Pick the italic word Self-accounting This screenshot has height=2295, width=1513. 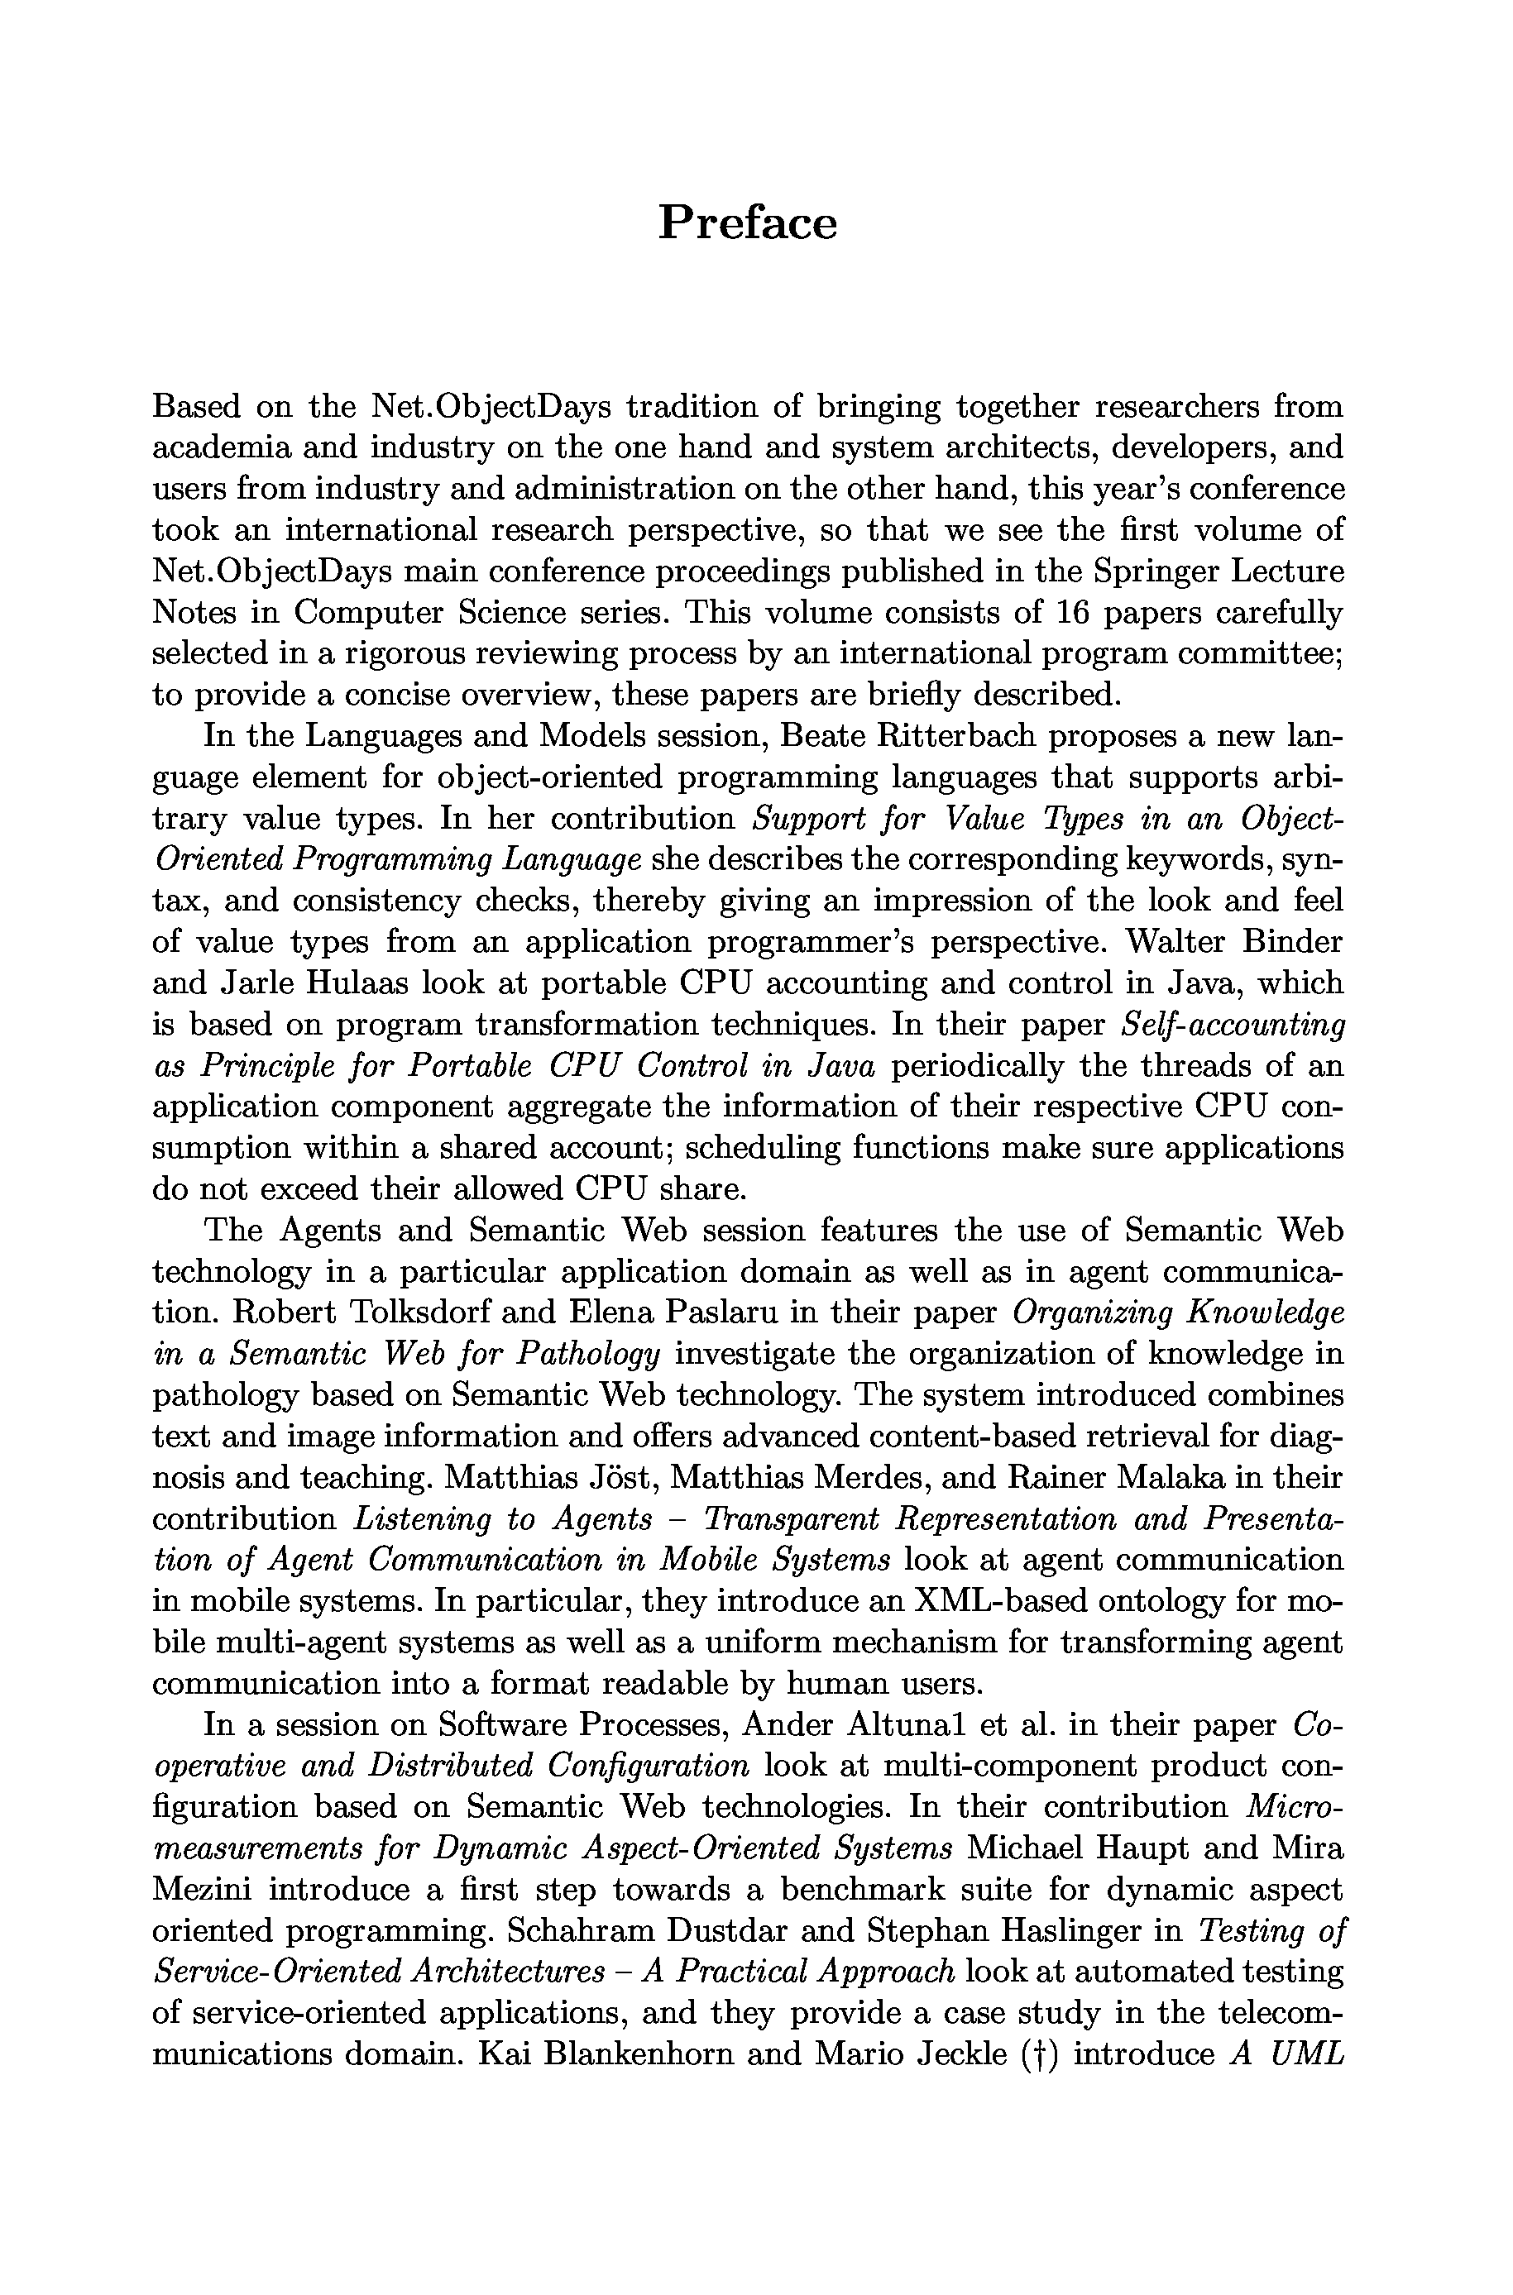[1235, 1025]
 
